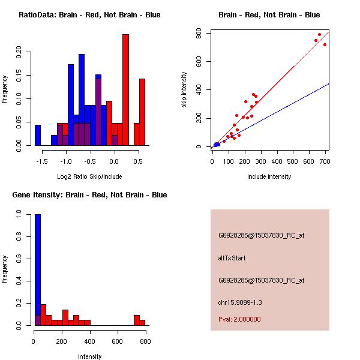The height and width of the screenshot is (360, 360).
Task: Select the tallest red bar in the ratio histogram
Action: click(125, 90)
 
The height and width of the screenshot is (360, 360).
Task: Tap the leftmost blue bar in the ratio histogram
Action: click(38, 135)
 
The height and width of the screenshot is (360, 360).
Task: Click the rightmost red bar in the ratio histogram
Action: click(142, 112)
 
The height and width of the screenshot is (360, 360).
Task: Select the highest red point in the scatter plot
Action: click(320, 34)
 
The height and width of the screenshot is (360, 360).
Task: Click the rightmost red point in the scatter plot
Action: click(325, 44)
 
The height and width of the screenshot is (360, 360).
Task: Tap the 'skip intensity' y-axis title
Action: click(185, 90)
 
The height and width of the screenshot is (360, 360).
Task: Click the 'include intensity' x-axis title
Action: click(269, 176)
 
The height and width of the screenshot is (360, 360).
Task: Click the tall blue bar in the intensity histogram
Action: click(38, 270)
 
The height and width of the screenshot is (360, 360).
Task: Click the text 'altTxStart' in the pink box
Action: click(232, 258)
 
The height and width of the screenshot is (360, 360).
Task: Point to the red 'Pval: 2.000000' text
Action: click(239, 319)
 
